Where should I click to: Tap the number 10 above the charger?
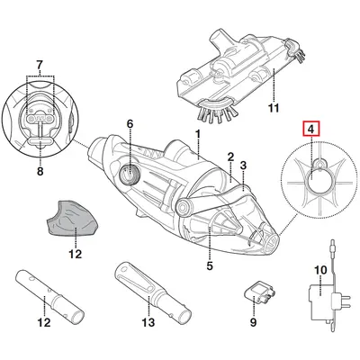point(319,269)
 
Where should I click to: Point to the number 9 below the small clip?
point(253,321)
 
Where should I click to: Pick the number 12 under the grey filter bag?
point(76,255)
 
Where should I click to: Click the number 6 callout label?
point(129,123)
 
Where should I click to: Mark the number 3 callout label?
point(242,166)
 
